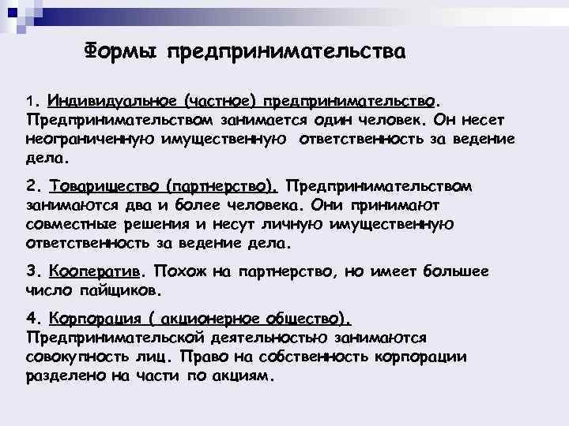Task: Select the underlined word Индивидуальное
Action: coord(113,101)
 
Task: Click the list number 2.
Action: coord(32,187)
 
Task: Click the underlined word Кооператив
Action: coord(95,271)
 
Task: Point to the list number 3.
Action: coord(32,271)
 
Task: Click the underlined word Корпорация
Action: coord(100,319)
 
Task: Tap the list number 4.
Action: coord(32,319)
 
